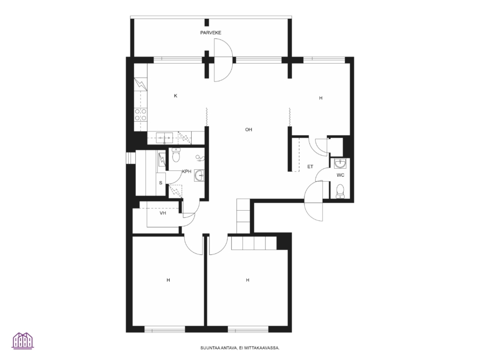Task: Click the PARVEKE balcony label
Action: click(x=211, y=33)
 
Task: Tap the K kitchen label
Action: click(x=176, y=96)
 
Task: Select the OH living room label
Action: click(x=248, y=129)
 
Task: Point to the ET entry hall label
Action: click(x=310, y=167)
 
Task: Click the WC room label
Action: click(x=340, y=175)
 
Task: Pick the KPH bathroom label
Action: click(x=187, y=171)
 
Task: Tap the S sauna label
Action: click(x=161, y=183)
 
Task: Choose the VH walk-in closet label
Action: click(x=163, y=213)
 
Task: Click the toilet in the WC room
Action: click(x=340, y=191)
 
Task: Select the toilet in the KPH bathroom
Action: click(x=176, y=155)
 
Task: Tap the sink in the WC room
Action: click(x=340, y=163)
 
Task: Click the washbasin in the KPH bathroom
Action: click(x=199, y=176)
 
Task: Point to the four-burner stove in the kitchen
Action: click(x=141, y=114)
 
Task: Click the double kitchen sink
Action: click(x=165, y=138)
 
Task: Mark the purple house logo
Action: click(x=23, y=341)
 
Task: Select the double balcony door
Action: click(x=223, y=60)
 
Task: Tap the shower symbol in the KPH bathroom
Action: click(x=200, y=158)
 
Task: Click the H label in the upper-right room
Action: click(x=321, y=98)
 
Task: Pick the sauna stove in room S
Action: click(x=162, y=159)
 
